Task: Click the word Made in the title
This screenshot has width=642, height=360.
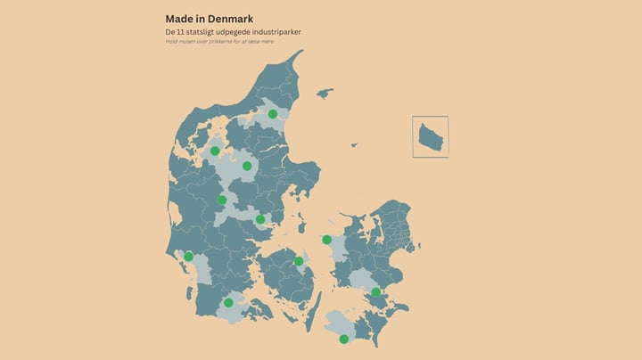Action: (x=178, y=19)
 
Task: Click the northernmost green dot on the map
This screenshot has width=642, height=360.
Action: (x=273, y=114)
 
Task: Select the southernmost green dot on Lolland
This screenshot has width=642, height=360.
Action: (x=344, y=339)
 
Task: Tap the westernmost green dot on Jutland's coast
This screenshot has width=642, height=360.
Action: (x=188, y=257)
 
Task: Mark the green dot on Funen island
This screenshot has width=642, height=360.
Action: (x=299, y=261)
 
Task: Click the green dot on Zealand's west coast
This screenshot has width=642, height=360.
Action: (x=327, y=239)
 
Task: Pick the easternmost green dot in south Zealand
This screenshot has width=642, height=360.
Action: (x=376, y=292)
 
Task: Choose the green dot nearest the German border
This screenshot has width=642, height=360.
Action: (x=228, y=303)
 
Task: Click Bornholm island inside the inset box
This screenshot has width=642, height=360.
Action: (x=431, y=137)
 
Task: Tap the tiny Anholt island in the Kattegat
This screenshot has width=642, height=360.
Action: (x=356, y=144)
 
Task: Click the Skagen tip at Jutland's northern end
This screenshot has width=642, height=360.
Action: (x=301, y=52)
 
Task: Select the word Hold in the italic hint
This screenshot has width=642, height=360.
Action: (x=171, y=41)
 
